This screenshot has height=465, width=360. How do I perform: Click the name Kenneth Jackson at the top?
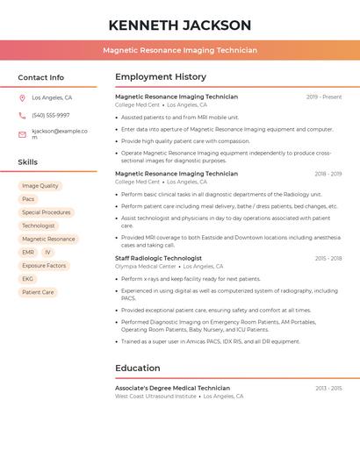pos(180,25)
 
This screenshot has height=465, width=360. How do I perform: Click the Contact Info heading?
pos(41,77)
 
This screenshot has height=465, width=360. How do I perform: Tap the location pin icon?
pos(22,98)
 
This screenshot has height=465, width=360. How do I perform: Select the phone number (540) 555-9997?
pos(51,115)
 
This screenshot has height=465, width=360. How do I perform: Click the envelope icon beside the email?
pos(22,134)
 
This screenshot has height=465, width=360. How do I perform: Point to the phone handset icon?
pos(22,115)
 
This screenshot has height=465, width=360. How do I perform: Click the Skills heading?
pos(28,162)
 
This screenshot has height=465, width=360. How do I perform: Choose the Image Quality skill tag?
pos(40,186)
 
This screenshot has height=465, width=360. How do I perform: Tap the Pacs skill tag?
pos(28,199)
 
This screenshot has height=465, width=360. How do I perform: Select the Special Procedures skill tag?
pos(47,212)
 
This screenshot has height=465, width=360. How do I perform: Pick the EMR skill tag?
pos(28,253)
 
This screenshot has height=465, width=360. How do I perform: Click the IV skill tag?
pos(47,253)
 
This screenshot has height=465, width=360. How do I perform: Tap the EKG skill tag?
pos(28,279)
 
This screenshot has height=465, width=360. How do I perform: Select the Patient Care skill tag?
pos(38,292)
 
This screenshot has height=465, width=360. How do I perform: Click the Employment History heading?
pos(161,77)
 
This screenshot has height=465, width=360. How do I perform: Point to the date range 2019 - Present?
pos(324,97)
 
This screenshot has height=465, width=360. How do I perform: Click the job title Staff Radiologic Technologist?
pos(158,259)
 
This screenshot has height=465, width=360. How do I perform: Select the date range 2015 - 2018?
pos(328,259)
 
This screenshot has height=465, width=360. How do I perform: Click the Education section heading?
pos(138,368)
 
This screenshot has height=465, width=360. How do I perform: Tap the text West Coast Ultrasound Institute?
pos(155,396)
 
